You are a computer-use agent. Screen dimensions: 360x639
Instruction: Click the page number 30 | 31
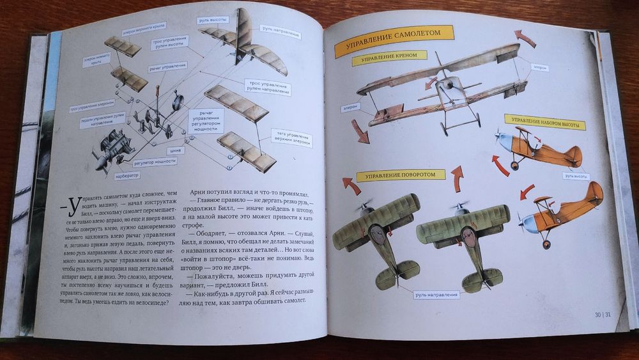pyautogui.click(x=606, y=314)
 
